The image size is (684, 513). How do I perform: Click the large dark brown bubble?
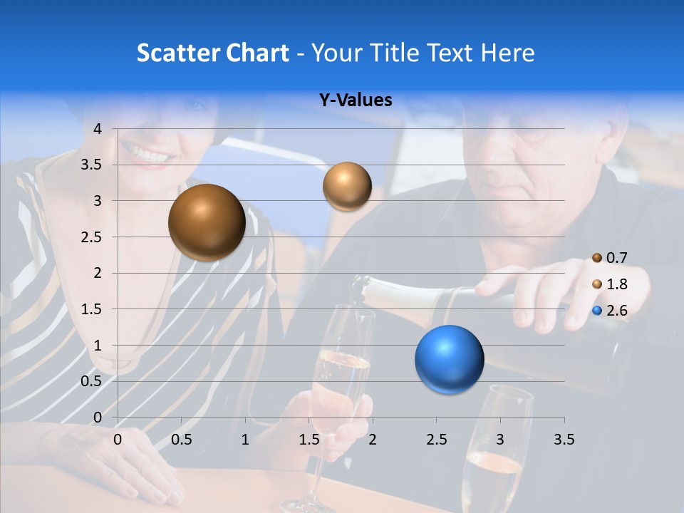(207, 222)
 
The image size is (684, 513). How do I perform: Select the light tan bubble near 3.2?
(347, 187)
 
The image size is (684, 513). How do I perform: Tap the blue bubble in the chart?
(449, 359)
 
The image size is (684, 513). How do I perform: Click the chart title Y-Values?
(355, 100)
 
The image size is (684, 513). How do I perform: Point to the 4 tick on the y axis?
(98, 129)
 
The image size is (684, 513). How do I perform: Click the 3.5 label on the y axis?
(93, 165)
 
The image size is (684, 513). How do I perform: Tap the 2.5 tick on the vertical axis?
(93, 237)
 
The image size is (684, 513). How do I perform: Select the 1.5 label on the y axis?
(93, 309)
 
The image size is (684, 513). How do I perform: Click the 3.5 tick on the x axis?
(564, 440)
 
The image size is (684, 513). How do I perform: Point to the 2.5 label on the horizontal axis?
(436, 440)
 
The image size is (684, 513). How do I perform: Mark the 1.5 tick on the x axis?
(309, 440)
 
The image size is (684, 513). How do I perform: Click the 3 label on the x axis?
(500, 440)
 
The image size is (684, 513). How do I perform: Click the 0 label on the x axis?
(118, 440)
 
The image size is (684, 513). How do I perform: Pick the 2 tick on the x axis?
(373, 440)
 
